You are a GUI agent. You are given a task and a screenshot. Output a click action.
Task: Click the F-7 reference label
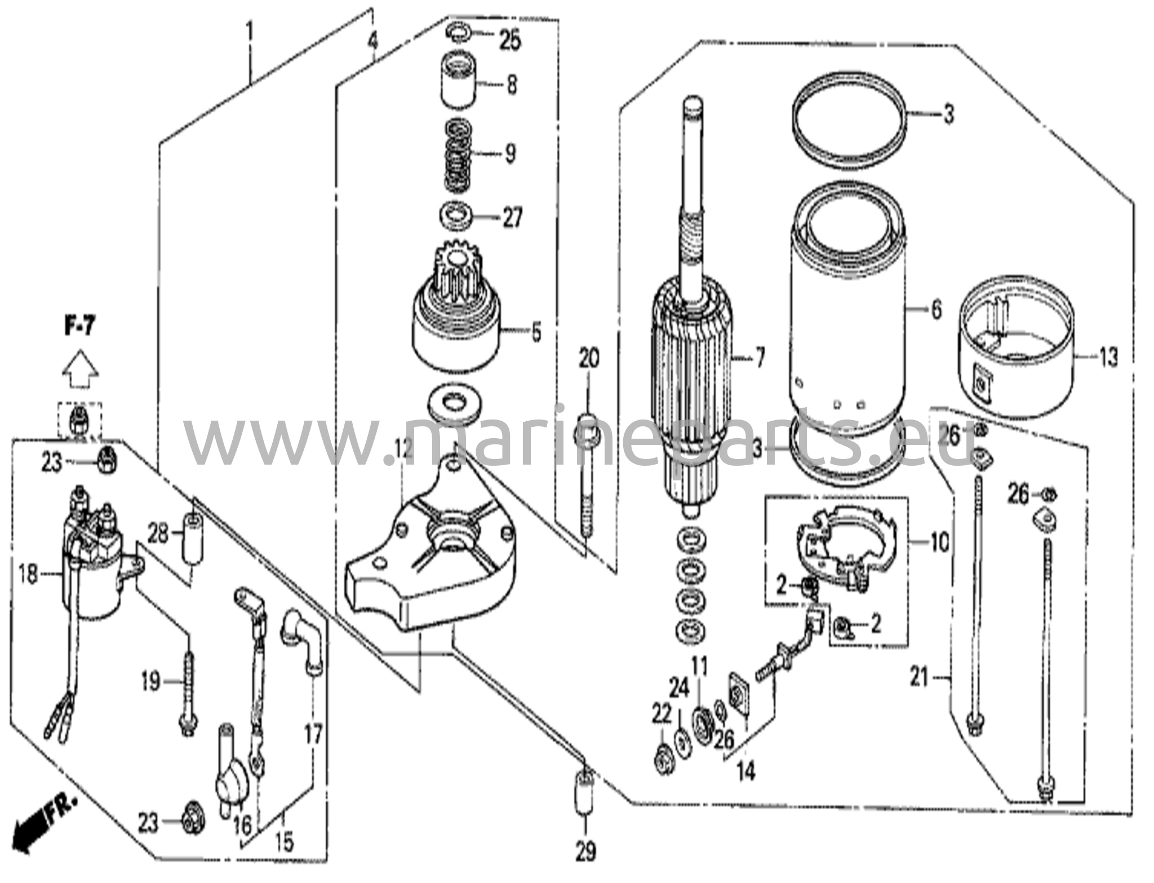tap(79, 327)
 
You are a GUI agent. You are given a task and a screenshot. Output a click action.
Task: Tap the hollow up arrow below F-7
tap(80, 369)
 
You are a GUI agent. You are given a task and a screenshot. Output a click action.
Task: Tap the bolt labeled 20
tap(587, 479)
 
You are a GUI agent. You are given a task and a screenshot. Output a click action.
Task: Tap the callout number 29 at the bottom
tap(585, 851)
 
